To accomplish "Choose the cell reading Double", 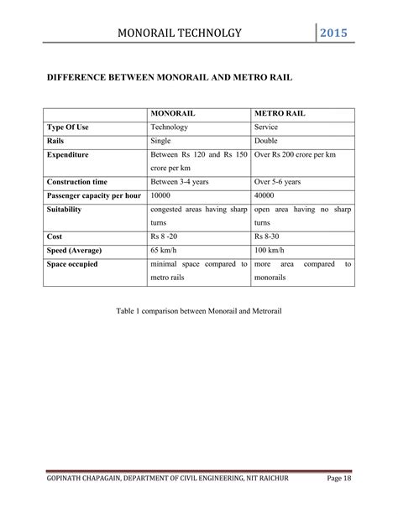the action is point(269,141).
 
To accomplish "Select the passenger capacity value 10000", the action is point(160,195).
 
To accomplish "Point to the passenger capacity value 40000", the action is point(265,195).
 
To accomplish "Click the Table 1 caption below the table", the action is point(198,311).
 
